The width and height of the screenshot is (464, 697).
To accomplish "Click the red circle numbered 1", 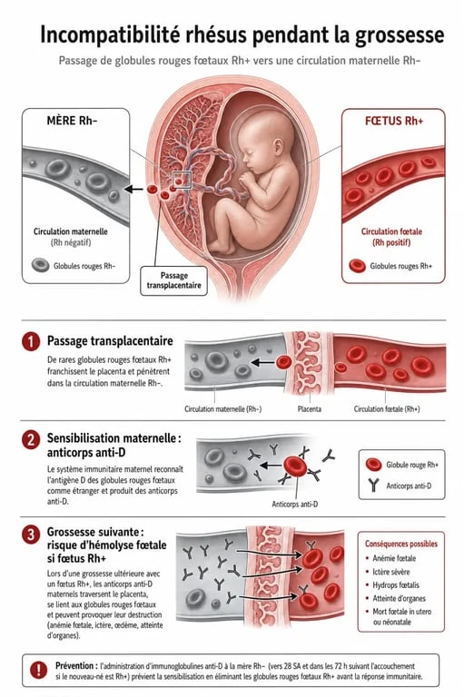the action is [31, 342].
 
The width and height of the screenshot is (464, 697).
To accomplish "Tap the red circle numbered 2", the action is [31, 439].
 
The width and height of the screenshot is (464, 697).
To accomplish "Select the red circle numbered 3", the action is [31, 534].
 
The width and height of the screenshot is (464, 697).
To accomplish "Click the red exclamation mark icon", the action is [39, 670].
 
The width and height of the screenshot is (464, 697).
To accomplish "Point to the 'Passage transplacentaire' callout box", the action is [174, 280].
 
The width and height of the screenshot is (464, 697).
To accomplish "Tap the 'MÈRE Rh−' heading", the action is [72, 121].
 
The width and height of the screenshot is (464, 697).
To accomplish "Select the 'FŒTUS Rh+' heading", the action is [394, 121].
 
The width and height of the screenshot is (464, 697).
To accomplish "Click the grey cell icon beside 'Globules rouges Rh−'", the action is [41, 265].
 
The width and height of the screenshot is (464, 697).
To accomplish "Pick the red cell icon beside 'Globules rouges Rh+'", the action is [357, 266].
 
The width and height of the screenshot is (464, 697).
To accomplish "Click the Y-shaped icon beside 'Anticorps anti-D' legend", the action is [374, 486].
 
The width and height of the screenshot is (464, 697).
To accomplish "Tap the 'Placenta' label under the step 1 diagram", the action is [310, 409].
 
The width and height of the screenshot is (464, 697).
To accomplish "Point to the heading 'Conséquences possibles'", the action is [401, 544].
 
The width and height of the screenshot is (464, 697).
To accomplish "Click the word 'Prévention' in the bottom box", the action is [74, 665].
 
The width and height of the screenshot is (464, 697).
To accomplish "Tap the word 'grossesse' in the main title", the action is [399, 35].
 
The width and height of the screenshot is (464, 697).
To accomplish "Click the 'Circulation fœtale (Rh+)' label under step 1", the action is [387, 409].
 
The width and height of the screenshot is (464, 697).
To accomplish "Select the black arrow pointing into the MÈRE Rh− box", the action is [133, 190].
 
